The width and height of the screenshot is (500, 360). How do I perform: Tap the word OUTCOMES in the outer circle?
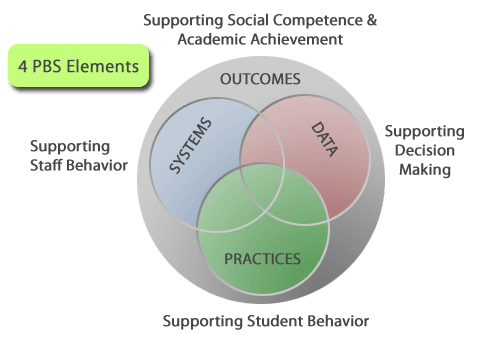click(x=260, y=79)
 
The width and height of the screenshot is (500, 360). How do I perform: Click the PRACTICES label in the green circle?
click(x=262, y=259)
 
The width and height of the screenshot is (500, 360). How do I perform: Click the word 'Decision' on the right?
click(x=424, y=151)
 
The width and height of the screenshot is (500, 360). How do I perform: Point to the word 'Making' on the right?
click(x=425, y=169)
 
